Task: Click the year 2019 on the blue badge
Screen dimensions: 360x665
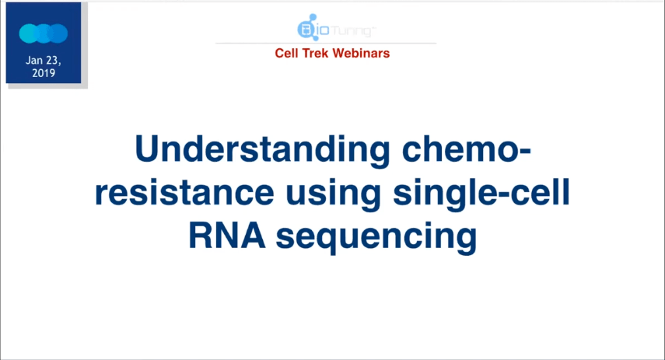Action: (x=44, y=72)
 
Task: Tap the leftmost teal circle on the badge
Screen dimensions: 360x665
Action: (x=28, y=33)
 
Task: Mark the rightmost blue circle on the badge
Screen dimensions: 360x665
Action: (x=59, y=33)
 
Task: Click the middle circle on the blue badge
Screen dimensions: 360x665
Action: (x=44, y=33)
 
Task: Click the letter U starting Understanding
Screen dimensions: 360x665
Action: (x=148, y=150)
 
